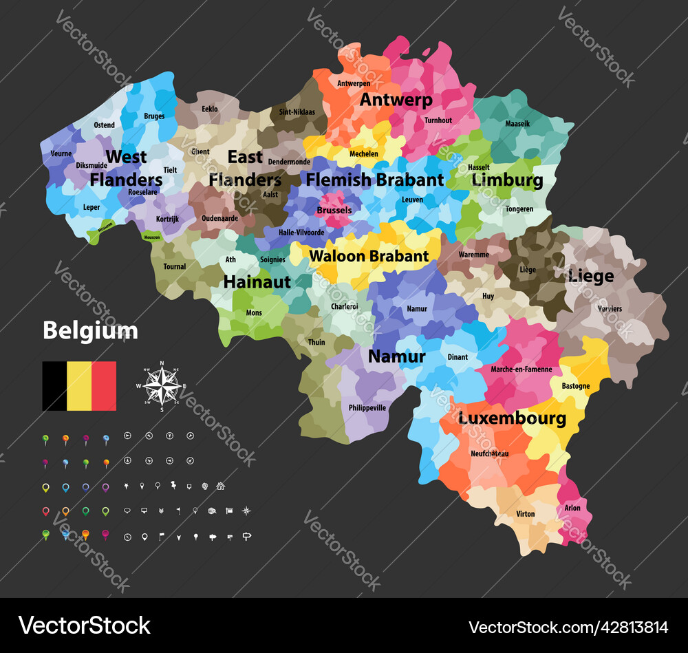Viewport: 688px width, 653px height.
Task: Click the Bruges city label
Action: click(154, 116)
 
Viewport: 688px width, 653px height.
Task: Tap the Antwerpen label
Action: click(353, 83)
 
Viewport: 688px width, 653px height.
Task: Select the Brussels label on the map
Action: click(334, 211)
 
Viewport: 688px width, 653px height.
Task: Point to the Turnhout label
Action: click(438, 120)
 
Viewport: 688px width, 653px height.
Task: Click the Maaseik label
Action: click(518, 124)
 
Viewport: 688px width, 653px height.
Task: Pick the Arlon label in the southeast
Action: click(572, 509)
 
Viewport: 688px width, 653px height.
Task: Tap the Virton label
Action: click(525, 514)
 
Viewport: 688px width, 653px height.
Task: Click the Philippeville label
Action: click(367, 407)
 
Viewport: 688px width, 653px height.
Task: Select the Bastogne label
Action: click(575, 386)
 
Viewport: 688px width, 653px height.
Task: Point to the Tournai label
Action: click(174, 266)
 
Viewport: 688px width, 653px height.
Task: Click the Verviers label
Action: click(610, 309)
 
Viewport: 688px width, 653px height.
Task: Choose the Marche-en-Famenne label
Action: click(522, 370)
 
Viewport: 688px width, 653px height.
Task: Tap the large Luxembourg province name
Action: click(513, 418)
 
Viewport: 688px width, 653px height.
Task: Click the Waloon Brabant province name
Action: click(369, 256)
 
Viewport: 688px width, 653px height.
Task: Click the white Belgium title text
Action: click(90, 331)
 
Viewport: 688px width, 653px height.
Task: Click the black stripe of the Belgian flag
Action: click(54, 386)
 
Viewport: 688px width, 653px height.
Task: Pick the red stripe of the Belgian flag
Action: click(104, 386)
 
